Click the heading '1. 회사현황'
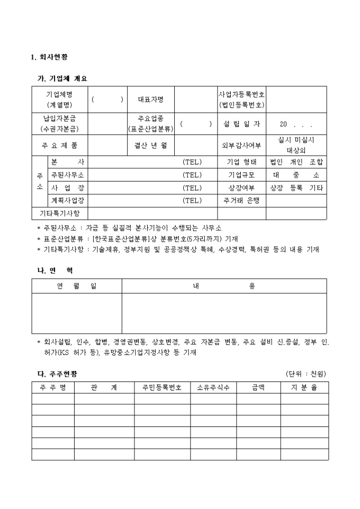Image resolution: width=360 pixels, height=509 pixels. tap(49, 57)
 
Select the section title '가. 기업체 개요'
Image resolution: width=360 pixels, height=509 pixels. tap(62, 78)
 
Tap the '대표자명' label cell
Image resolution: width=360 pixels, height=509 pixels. tap(151, 99)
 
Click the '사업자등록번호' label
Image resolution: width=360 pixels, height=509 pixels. tap(242, 94)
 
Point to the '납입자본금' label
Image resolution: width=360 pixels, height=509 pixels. tap(60, 120)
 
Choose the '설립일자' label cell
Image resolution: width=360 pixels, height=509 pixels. tap(242, 124)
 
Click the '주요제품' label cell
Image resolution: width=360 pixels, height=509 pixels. tap(60, 144)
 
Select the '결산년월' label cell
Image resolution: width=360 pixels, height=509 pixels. tap(151, 144)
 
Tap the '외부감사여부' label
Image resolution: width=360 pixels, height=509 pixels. tap(242, 144)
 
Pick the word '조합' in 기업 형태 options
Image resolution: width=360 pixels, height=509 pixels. tap(316, 162)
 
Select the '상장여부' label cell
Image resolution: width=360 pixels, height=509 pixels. tap(242, 188)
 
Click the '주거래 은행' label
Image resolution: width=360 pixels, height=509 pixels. tap(242, 201)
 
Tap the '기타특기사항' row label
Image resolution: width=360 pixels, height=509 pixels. tap(60, 213)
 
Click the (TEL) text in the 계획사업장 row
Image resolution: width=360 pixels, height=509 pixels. tap(192, 201)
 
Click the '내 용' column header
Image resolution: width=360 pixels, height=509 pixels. tap(224, 286)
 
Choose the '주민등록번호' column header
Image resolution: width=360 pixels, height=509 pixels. tap(162, 388)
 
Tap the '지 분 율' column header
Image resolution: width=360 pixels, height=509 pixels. tap(304, 388)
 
